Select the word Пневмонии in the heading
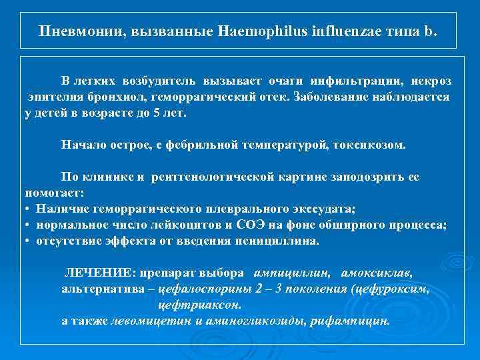pyautogui.click(x=81, y=32)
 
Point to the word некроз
pyautogui.click(x=431, y=81)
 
